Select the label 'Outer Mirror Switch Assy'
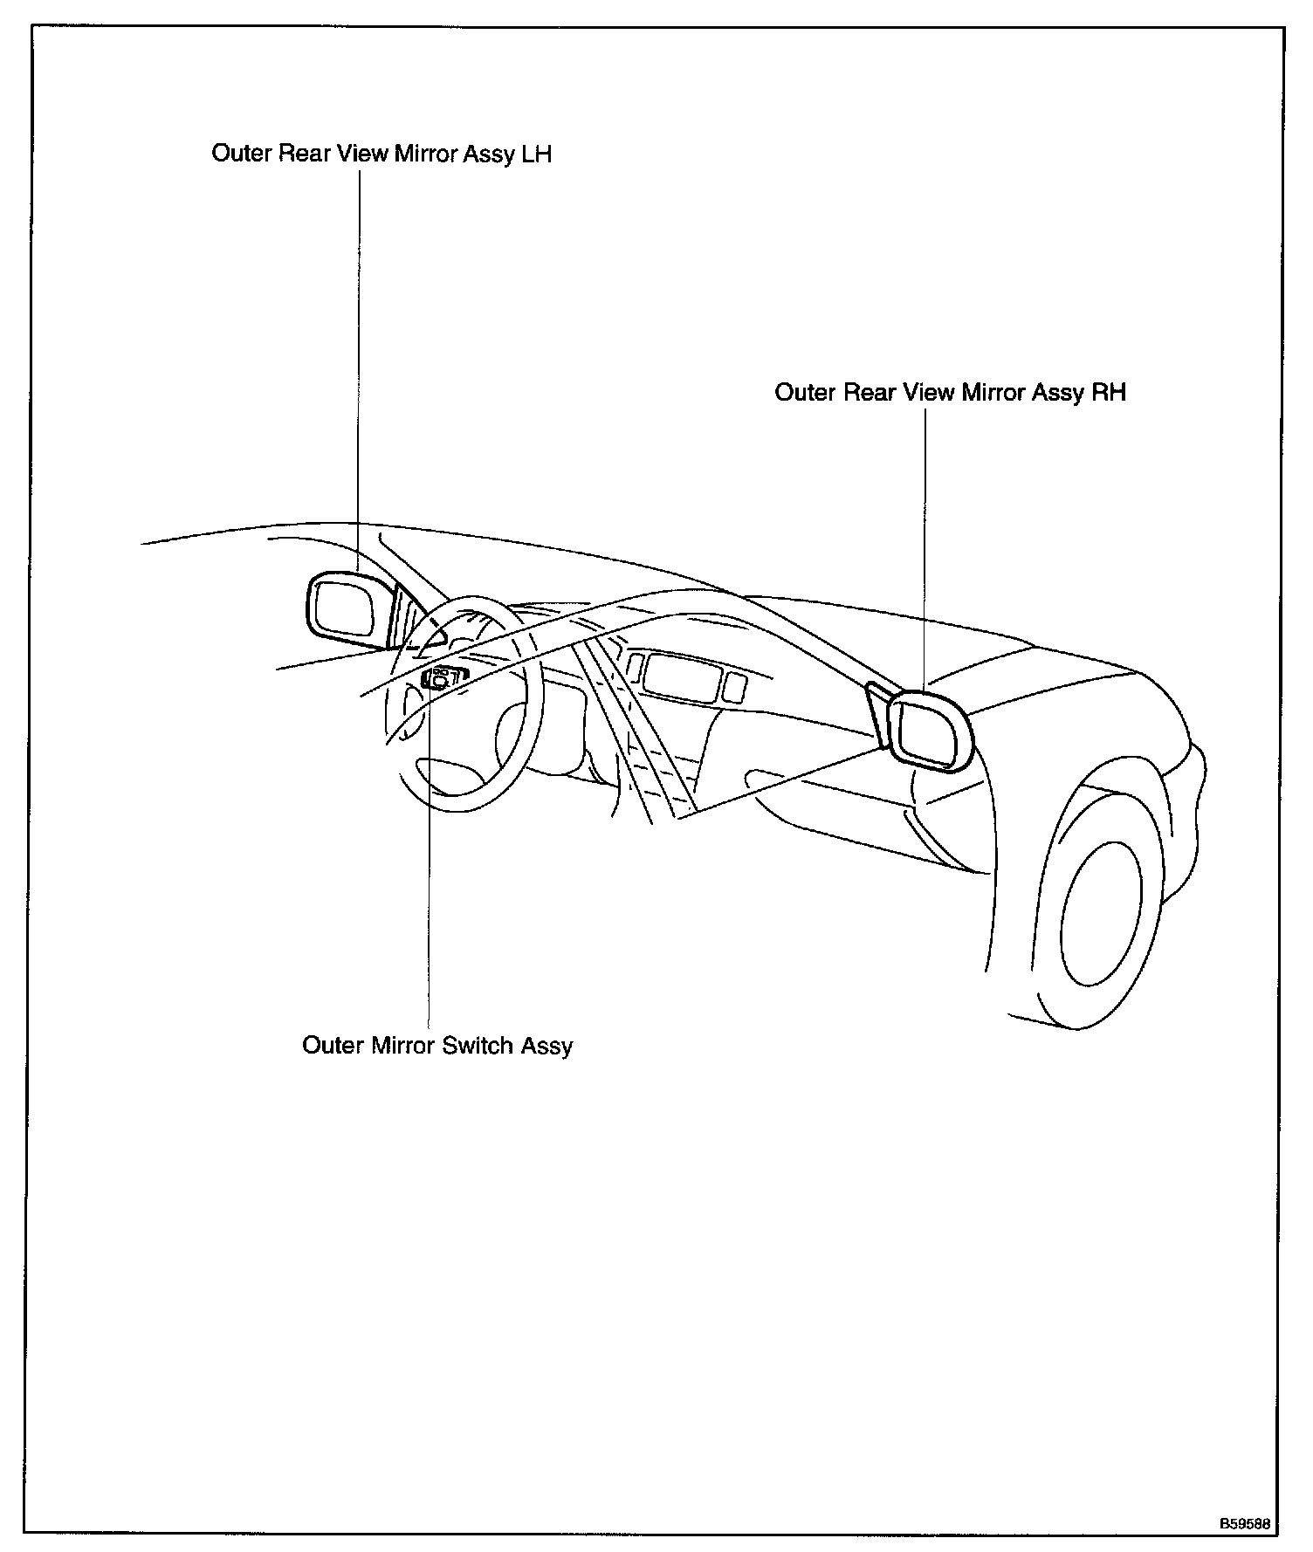coord(437,1046)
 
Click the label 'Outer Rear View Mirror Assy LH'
coord(382,155)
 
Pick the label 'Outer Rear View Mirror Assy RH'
coord(950,393)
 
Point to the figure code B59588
coord(1245,1524)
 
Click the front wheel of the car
coord(1102,908)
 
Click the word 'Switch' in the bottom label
coord(478,1046)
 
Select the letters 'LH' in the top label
coord(536,155)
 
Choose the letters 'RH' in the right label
coord(1109,393)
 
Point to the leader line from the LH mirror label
coord(359,367)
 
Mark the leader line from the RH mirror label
coord(925,541)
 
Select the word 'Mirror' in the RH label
coord(993,393)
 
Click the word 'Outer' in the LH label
coord(242,155)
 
